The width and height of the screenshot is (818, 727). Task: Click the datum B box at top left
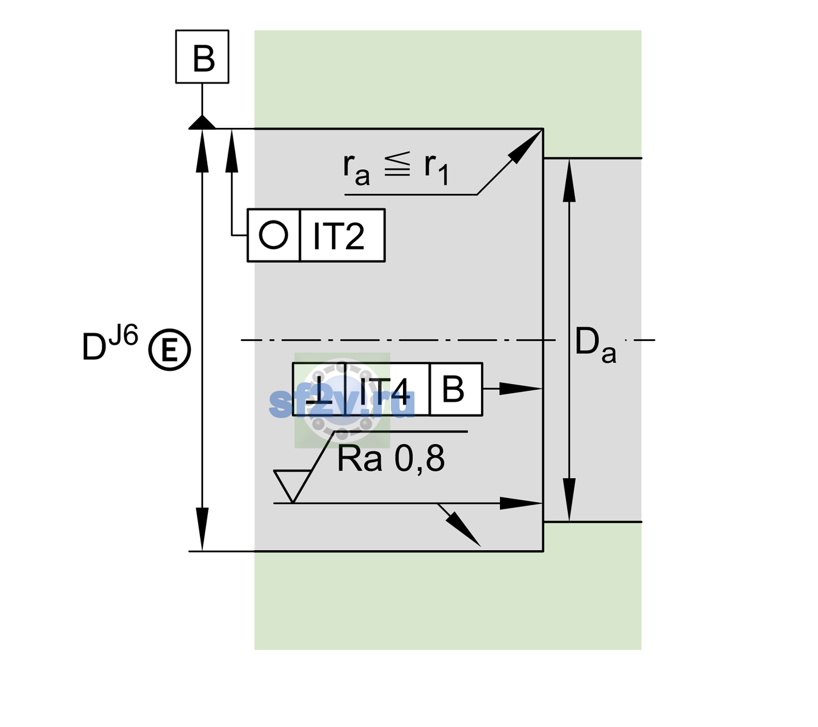202,56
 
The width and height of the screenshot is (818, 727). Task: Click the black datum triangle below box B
202,123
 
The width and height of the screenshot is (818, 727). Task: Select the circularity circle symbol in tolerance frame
273,235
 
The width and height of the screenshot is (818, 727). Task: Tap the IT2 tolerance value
338,236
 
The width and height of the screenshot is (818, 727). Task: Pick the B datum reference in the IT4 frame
453,389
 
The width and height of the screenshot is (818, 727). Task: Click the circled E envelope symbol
169,350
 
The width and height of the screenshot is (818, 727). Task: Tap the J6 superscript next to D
124,335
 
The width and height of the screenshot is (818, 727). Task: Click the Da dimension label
595,345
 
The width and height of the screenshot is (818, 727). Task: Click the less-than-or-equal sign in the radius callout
397,164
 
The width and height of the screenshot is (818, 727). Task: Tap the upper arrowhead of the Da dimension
570,181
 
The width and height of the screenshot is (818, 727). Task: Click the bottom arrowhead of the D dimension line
202,529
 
